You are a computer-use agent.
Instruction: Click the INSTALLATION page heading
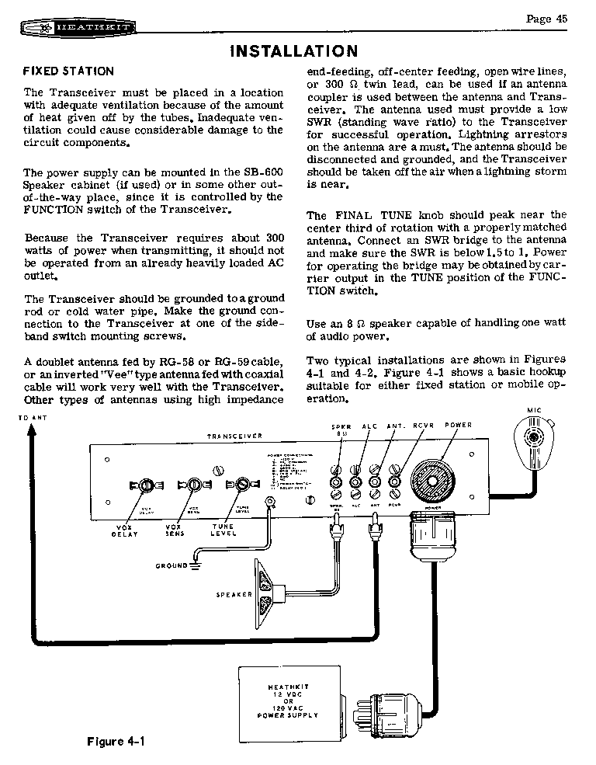[294, 51]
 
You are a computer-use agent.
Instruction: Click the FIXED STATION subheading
[68, 71]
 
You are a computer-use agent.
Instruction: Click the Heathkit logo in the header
[76, 29]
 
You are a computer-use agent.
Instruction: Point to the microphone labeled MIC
[535, 442]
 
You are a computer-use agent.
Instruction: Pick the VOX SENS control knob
[190, 486]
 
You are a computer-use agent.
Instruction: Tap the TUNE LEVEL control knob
[236, 486]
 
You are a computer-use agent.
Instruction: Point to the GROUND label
[172, 566]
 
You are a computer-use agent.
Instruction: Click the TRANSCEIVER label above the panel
[234, 436]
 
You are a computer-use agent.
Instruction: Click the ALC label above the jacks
[369, 426]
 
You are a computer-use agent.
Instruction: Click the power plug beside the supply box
[392, 707]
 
